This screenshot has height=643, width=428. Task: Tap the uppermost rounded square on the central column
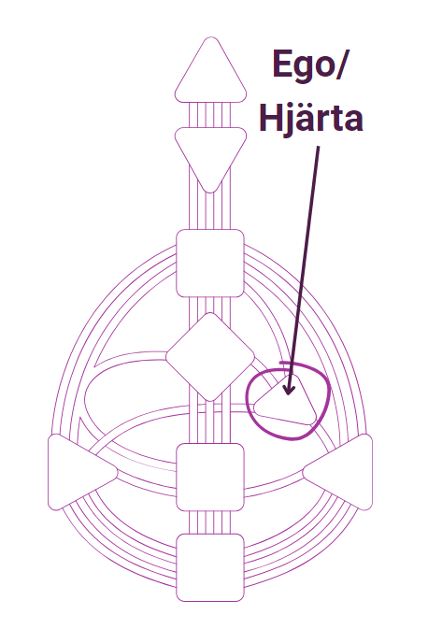[x=210, y=263]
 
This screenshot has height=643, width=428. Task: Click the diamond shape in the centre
[x=210, y=357]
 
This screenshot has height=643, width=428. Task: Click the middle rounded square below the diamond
[x=210, y=477]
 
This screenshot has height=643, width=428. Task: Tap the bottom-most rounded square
[x=210, y=567]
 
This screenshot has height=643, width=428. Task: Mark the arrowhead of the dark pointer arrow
[x=289, y=389]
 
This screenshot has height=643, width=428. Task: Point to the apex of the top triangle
[x=210, y=37]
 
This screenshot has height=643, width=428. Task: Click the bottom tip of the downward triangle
[x=210, y=193]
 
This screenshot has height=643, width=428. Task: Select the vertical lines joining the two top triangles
[x=210, y=115]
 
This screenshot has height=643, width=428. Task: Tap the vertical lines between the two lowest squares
[x=210, y=522]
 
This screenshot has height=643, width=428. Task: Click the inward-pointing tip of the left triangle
[x=117, y=472]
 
